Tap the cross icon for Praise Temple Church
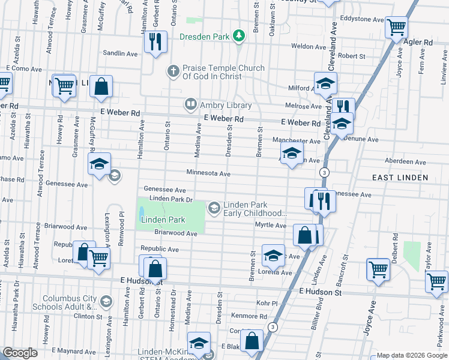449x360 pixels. tap(173, 72)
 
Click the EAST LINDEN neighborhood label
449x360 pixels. tap(400, 178)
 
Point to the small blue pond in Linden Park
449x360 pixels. tap(141, 212)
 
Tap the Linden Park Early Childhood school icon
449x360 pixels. tap(214, 208)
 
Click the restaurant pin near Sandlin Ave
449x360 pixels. tap(155, 42)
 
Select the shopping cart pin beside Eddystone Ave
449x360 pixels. tap(397, 27)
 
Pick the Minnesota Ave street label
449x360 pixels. tap(208, 173)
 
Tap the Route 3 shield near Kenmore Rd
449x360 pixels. tap(273, 327)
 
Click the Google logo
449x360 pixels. tap(20, 353)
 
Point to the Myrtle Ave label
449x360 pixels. tap(271, 225)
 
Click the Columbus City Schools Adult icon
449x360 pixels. tap(106, 301)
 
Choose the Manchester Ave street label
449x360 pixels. tap(296, 141)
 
